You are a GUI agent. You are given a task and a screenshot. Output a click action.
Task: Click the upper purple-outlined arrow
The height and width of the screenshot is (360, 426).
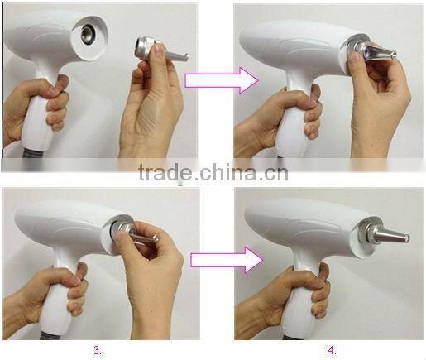pos(211,79)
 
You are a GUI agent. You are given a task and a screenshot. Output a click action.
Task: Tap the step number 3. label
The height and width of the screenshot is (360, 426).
pos(98,350)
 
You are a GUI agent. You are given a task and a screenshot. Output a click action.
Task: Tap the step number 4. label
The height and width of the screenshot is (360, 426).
pos(332,350)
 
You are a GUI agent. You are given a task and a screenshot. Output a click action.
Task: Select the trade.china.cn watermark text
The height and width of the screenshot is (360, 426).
pos(213,173)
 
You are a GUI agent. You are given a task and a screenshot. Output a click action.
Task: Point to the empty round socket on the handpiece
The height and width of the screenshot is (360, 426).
pos(88,36)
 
